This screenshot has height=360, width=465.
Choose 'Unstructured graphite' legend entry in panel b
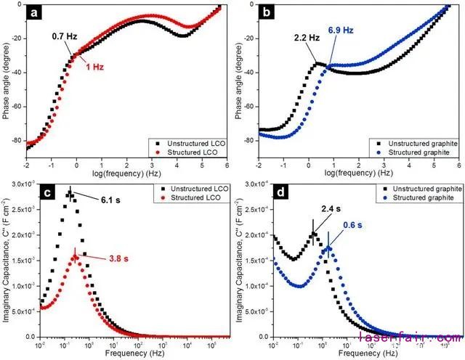(417, 144)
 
